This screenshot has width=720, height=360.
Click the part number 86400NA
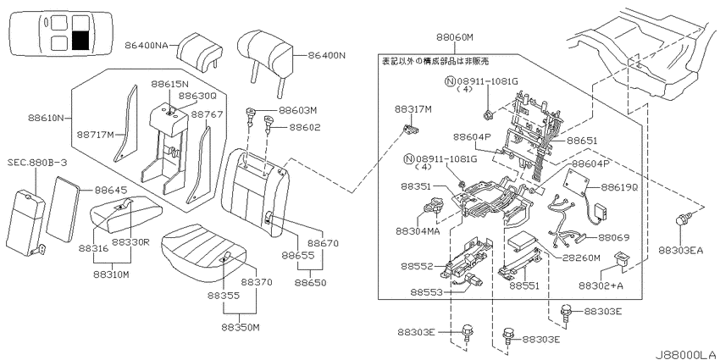(146, 45)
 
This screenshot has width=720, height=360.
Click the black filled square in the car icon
(80, 41)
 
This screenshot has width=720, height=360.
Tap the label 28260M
(581, 258)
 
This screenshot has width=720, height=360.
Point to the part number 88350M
(241, 328)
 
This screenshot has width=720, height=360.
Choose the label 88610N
(43, 118)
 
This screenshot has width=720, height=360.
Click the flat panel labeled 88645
(64, 208)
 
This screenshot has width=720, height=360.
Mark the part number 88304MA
(418, 231)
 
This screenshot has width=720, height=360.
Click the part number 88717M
(96, 135)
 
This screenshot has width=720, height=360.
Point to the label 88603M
(297, 111)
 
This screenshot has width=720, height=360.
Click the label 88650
(310, 283)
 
